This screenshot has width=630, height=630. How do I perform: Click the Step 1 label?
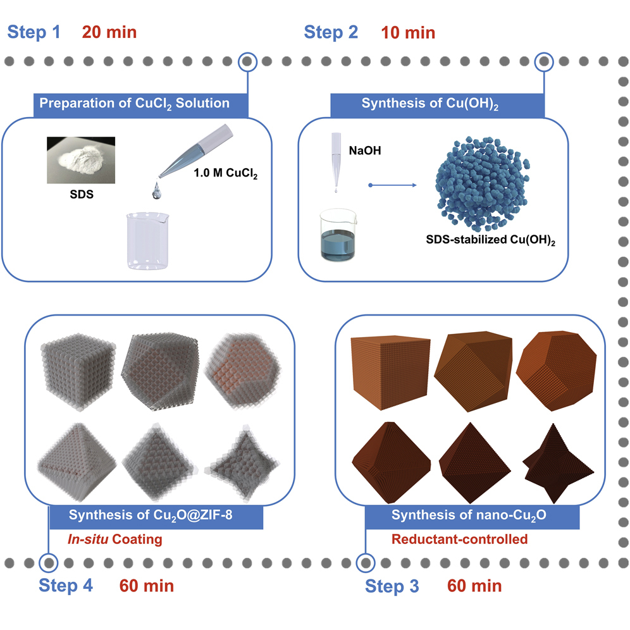point(34,32)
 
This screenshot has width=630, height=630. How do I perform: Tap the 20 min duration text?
point(109,32)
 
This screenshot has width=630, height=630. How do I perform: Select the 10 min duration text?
point(408,32)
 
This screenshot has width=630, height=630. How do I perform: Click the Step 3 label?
point(392,586)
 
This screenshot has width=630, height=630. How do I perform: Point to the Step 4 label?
point(66,585)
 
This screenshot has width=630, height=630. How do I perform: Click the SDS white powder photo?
point(81,160)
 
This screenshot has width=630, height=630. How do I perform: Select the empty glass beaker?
point(147,240)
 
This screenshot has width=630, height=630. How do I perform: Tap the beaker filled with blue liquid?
point(338,235)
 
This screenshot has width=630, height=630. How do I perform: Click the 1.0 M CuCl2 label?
point(225,173)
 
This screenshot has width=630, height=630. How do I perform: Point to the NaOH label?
point(365,151)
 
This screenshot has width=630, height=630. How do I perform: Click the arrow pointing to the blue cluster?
point(393,185)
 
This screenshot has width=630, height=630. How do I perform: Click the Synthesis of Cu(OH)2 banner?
point(437,106)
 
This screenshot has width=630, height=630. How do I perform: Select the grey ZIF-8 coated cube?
point(78,371)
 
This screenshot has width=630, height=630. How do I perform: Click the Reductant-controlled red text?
point(459,539)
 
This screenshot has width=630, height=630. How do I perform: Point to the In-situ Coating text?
point(115,539)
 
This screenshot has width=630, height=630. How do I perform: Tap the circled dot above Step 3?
point(366,563)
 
